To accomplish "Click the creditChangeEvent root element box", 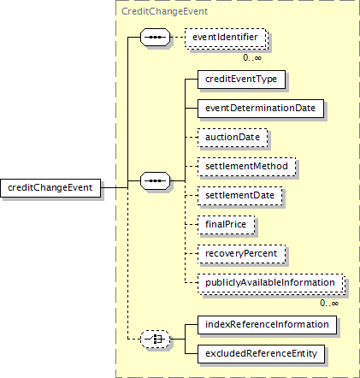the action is (50, 188).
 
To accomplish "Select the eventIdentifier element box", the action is (225, 38).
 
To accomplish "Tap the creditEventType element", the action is (241, 80).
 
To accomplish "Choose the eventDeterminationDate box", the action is (261, 109).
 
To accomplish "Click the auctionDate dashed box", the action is (233, 138).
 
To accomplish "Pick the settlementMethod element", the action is (246, 167).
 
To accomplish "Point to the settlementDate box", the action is (239, 196).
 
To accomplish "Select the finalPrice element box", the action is (226, 225).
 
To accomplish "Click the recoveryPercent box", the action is (241, 254).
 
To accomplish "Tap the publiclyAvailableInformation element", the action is (270, 283).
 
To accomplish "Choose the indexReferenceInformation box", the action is (267, 325).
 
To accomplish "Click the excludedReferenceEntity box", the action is (261, 354).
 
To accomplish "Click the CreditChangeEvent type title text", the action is (164, 11).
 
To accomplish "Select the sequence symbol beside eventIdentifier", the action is (155, 37).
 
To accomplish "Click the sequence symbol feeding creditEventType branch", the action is (155, 180).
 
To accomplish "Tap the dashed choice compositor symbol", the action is (155, 339).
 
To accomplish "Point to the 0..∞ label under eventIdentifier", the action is (252, 58).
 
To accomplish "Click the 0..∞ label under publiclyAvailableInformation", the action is (329, 303).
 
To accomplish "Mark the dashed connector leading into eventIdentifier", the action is (177, 37).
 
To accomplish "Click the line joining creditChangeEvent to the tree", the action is (115, 188).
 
